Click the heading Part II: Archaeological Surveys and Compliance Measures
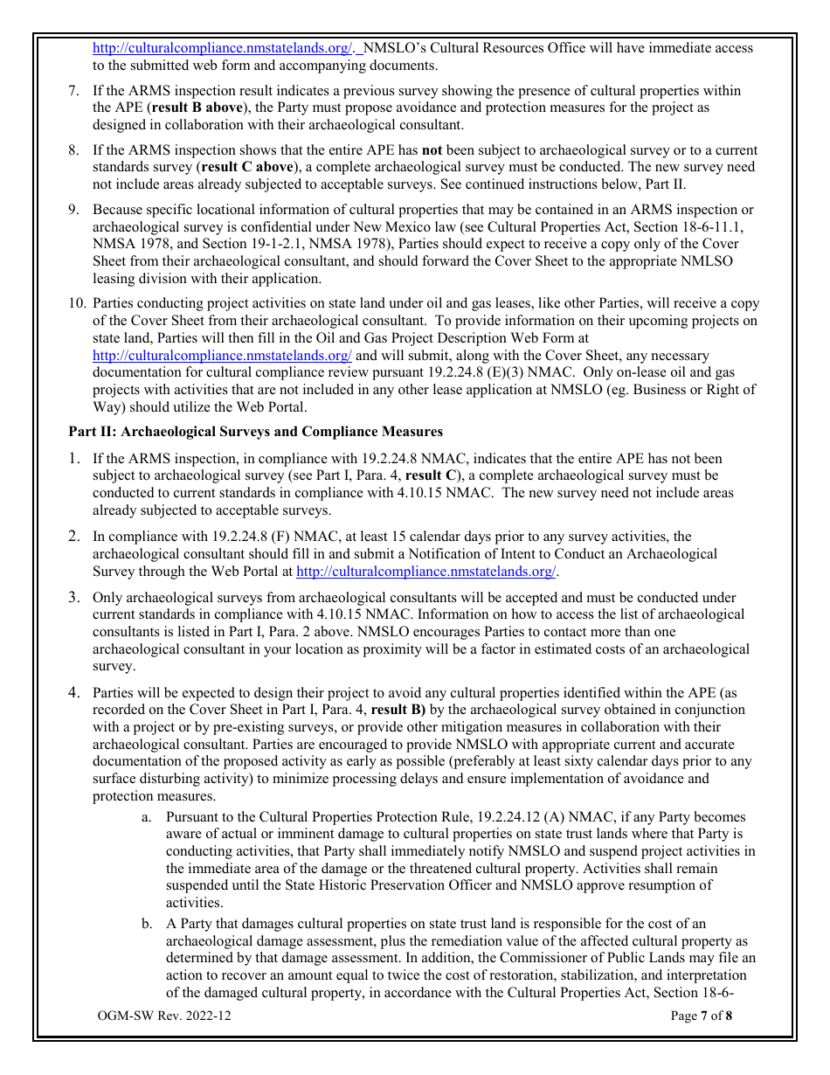255,432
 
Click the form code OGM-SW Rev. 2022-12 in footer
165,1016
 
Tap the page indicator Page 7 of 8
702,1016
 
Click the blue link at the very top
222,48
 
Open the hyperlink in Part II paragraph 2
426,572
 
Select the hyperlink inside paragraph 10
222,356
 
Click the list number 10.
76,304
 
